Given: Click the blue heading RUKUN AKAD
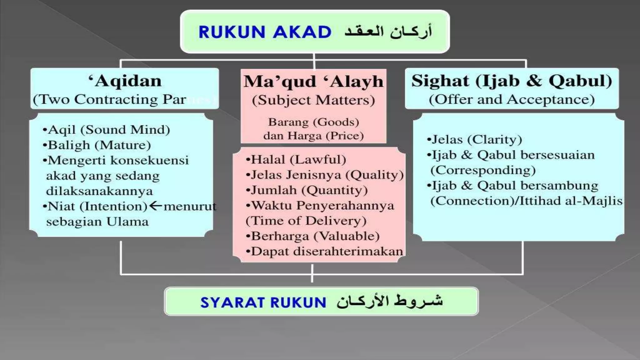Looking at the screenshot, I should click(x=265, y=32).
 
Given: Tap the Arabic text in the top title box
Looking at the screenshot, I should click(x=388, y=32).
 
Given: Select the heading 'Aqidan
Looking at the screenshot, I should click(x=125, y=81).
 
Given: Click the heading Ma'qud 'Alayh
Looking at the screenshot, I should click(x=313, y=82).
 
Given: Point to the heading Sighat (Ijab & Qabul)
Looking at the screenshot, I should click(x=512, y=81).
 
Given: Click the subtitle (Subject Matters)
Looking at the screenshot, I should click(x=313, y=100).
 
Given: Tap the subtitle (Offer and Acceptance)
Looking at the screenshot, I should click(x=512, y=100).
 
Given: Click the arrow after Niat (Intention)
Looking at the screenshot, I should click(x=155, y=206).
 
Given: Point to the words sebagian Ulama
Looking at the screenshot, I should click(x=97, y=222).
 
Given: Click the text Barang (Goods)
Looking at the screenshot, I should click(x=313, y=122).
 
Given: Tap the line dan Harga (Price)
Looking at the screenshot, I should click(x=313, y=136).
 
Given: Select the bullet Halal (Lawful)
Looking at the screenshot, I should click(x=296, y=160).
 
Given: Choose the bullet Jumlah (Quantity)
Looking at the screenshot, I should click(x=307, y=190).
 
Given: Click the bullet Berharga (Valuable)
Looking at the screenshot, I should click(x=313, y=236).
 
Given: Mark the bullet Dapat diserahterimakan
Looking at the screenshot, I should click(x=324, y=251).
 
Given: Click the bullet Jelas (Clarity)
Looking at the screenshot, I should click(x=475, y=139).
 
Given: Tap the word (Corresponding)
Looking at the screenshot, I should click(x=483, y=170).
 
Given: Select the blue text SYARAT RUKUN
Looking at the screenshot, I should click(x=263, y=302).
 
